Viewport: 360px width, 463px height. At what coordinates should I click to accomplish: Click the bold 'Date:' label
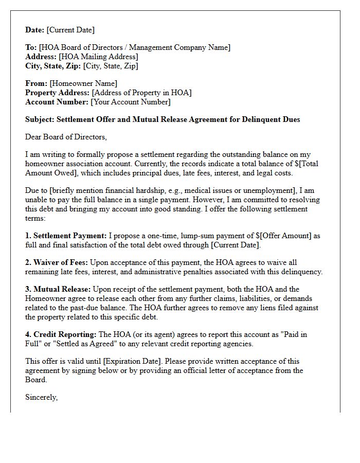click(35, 30)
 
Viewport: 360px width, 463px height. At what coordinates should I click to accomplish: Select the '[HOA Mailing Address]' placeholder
click(99, 57)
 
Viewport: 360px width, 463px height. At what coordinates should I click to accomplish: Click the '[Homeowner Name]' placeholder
click(83, 83)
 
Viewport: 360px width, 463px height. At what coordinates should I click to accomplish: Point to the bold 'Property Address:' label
click(58, 93)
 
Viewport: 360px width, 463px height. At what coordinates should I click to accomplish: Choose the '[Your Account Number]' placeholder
click(131, 102)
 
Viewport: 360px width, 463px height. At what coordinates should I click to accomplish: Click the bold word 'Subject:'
click(40, 119)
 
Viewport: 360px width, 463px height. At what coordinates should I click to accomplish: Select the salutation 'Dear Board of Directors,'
click(66, 137)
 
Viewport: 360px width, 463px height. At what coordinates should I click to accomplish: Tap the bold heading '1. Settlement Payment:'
click(66, 236)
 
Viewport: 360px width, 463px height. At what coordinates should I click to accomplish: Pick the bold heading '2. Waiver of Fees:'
click(57, 262)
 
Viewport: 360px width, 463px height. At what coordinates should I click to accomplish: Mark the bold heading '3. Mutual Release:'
click(58, 289)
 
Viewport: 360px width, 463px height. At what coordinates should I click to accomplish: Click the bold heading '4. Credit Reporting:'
click(61, 334)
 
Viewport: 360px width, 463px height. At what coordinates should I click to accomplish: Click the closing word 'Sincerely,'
click(42, 397)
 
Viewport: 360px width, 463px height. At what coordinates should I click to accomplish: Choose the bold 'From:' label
click(37, 83)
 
